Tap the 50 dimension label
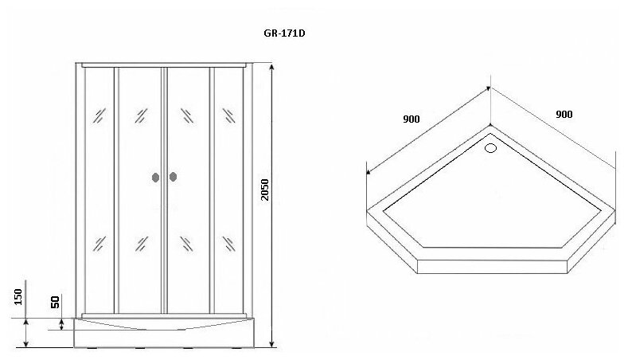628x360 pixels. [x=56, y=303]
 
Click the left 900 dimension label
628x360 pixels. [x=411, y=119]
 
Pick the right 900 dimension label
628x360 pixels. [x=564, y=114]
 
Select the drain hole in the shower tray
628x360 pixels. [x=490, y=146]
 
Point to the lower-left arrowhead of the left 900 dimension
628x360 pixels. [x=368, y=171]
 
